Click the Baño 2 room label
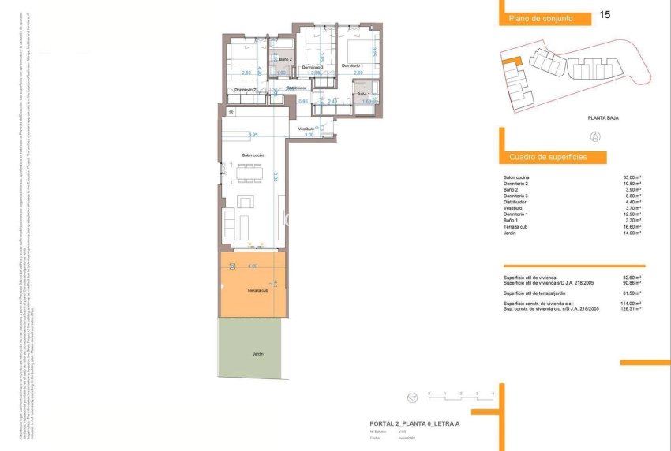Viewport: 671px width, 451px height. tap(286, 60)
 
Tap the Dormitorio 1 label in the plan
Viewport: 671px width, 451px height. tap(352, 65)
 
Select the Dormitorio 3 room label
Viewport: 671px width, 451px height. tap(313, 68)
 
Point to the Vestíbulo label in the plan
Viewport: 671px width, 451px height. tap(306, 128)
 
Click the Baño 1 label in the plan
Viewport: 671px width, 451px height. tap(363, 95)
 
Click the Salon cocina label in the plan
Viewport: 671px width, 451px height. tap(253, 155)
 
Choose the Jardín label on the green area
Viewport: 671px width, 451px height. tap(258, 353)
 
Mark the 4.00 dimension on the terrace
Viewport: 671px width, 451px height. tap(253, 266)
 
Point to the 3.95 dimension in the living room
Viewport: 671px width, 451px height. tap(253, 134)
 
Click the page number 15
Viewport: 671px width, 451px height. tap(605, 14)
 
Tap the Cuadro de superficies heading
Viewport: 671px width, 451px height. tap(548, 158)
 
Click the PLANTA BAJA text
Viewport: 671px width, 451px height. tap(602, 117)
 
